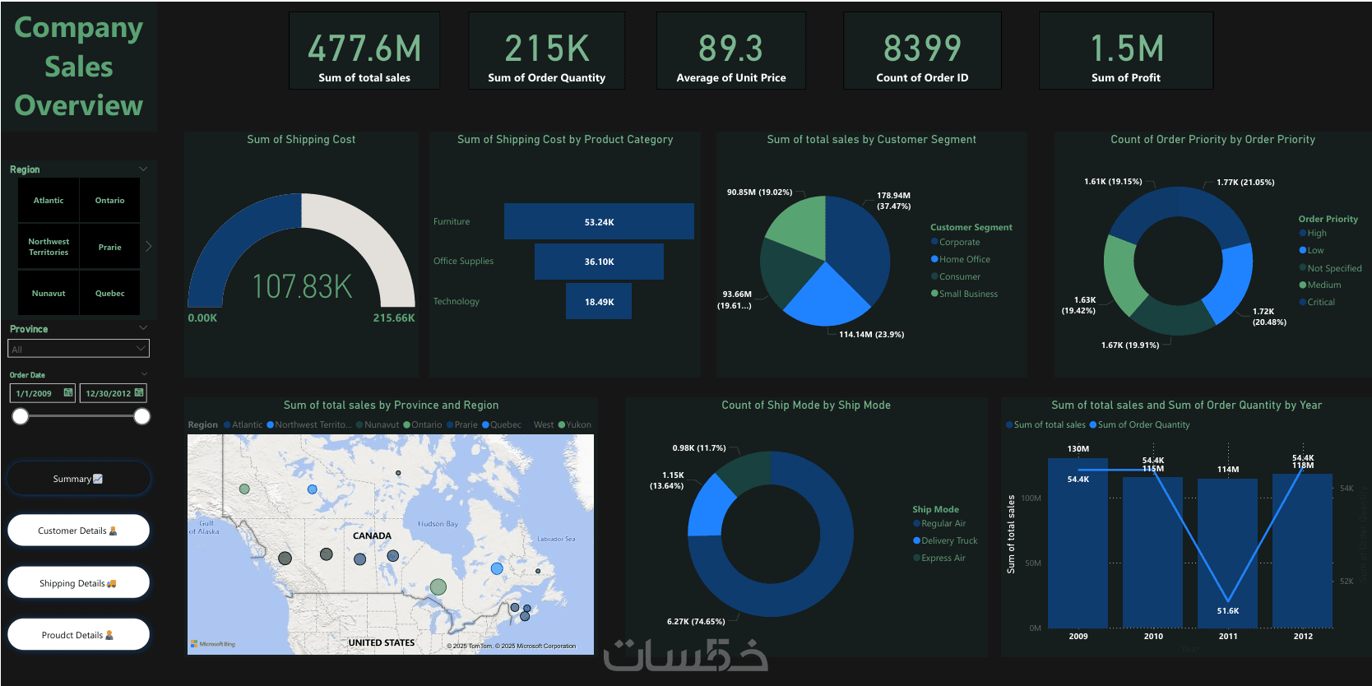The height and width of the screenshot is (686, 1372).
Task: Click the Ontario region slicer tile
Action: tap(109, 201)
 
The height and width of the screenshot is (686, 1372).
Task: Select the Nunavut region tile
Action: tap(49, 294)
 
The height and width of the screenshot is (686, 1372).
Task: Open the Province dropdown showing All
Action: tap(78, 350)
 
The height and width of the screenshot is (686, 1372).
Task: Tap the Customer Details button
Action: tap(78, 531)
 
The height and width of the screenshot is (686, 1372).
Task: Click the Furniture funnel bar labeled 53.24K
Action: tap(599, 222)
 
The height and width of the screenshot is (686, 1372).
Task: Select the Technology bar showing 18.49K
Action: tap(599, 302)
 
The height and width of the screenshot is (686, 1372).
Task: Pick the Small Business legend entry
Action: tap(968, 294)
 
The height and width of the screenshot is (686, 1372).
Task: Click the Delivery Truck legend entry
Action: tap(949, 540)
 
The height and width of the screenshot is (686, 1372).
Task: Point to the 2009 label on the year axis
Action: tap(1078, 636)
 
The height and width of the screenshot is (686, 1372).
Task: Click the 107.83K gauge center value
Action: tap(302, 287)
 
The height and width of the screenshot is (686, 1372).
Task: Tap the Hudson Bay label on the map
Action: tap(438, 524)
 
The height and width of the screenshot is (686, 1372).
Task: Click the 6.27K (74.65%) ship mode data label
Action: tap(696, 621)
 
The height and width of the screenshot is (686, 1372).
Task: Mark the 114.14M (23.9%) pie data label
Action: tap(871, 335)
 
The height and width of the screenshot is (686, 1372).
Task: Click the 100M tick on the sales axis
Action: tap(1031, 498)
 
